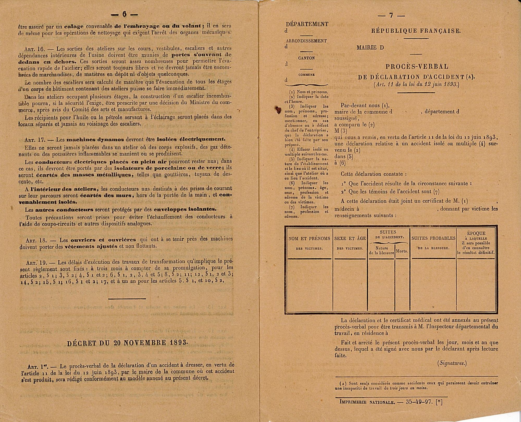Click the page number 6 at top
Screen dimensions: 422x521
click(124, 15)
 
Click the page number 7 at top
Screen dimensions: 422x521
click(391, 15)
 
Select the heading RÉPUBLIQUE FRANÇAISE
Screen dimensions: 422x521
click(416, 31)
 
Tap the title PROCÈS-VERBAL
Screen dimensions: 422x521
click(417, 67)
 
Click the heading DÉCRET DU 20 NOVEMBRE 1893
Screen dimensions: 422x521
click(127, 343)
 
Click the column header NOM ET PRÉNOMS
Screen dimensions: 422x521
click(309, 239)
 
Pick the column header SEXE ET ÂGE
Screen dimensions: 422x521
click(350, 239)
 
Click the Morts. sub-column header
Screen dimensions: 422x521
click(402, 251)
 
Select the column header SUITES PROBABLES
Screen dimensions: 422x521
click(433, 238)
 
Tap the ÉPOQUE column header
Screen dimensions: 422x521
click(476, 234)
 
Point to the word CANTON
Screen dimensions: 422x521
click(306, 58)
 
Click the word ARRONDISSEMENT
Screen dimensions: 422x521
click(306, 41)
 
